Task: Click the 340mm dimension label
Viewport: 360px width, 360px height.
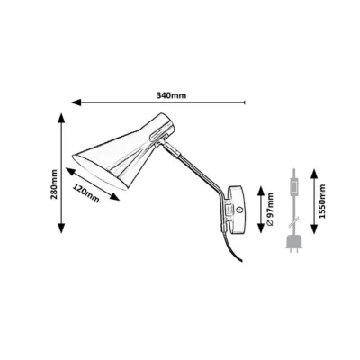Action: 171,95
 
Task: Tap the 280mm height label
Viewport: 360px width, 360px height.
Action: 54,184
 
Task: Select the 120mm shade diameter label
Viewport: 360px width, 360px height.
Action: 86,193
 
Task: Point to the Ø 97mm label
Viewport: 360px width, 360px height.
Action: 270,209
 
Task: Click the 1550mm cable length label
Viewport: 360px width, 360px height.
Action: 322,202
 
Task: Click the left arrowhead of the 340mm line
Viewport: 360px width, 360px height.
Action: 76,103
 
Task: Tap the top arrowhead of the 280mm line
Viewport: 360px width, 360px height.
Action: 61,118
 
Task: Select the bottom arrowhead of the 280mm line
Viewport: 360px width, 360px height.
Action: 61,229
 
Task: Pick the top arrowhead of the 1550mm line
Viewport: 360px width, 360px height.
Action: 314,174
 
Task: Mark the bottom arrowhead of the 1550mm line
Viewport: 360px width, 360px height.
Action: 314,229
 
